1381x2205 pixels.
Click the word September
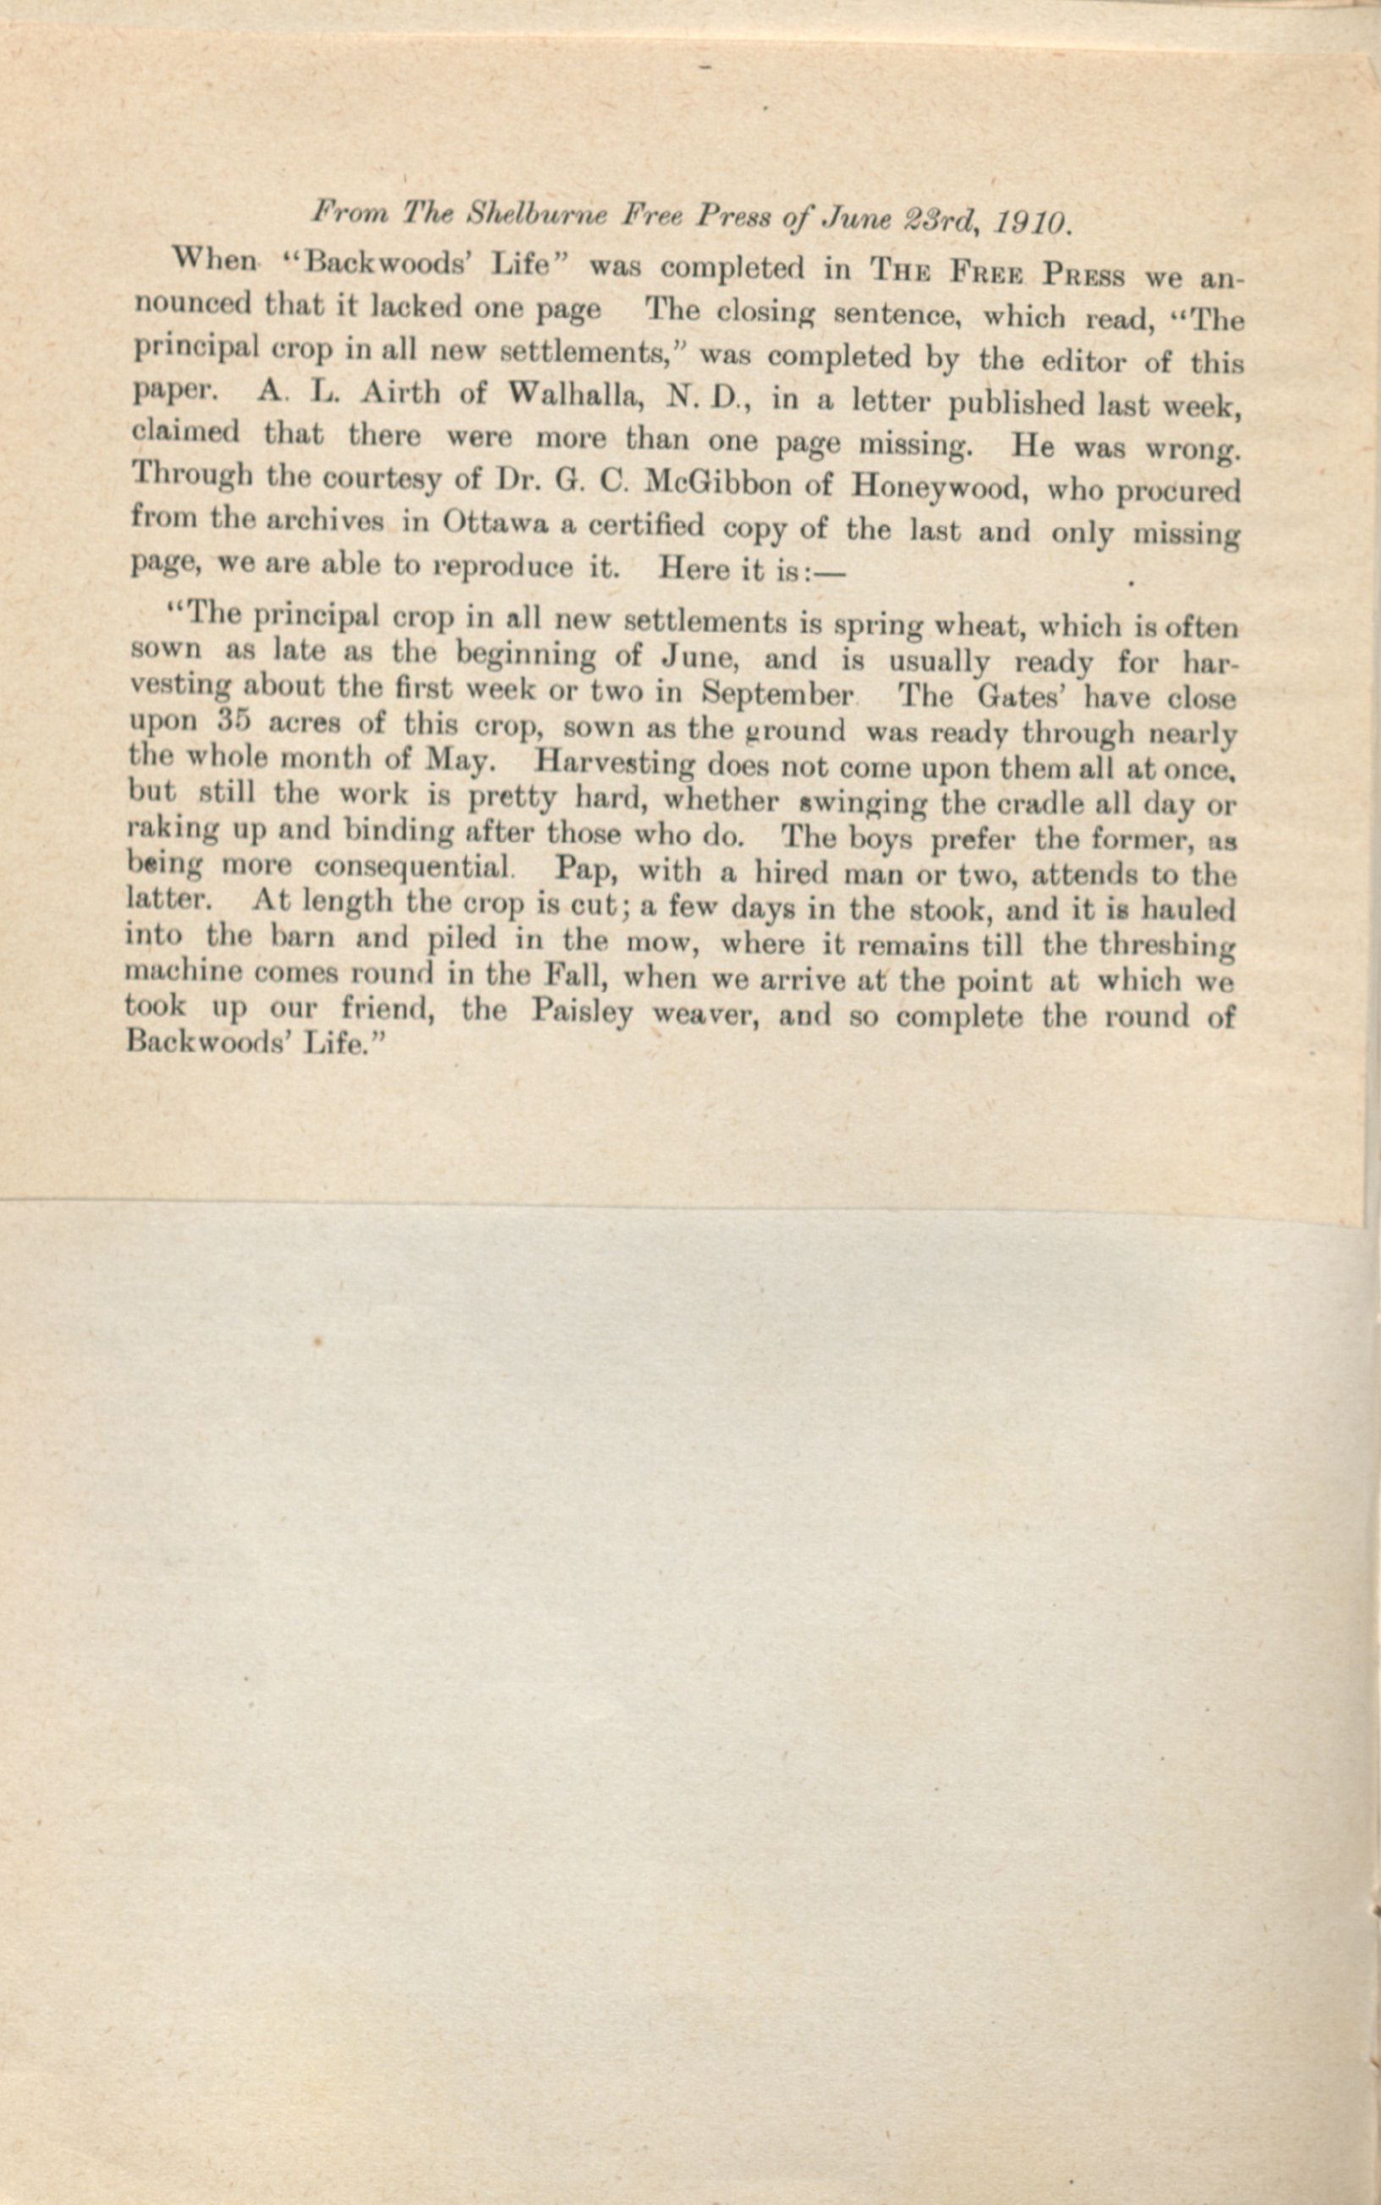coord(776,694)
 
